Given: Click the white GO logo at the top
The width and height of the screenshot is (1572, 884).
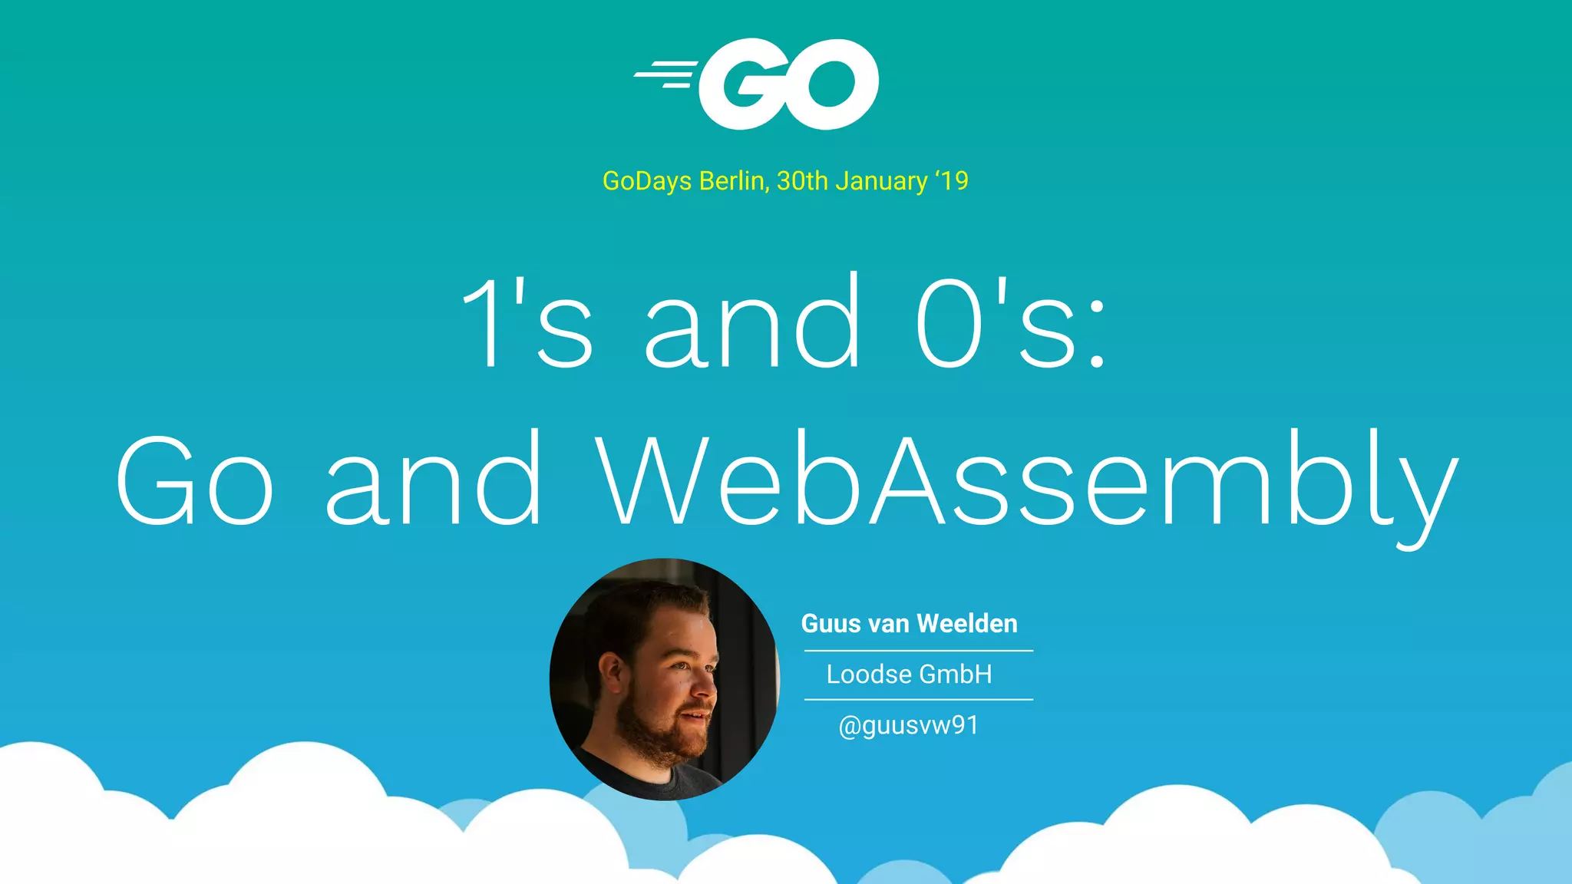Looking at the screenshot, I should [x=788, y=84].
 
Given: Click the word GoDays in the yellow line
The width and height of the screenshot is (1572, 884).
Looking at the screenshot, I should [x=646, y=181].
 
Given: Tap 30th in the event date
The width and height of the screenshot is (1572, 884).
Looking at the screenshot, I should [x=802, y=181].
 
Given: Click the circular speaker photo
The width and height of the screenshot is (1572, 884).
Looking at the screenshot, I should [x=664, y=679].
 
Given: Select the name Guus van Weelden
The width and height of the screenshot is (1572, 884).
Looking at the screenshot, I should [x=909, y=623].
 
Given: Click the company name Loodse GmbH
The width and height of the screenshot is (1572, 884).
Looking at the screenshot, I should [x=909, y=675].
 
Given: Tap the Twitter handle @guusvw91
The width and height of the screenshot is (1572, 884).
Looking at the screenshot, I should [x=909, y=725].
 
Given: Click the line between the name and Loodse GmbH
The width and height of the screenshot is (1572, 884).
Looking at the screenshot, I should [x=918, y=651].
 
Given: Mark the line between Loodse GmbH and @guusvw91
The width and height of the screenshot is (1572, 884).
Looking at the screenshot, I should [x=918, y=699].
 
